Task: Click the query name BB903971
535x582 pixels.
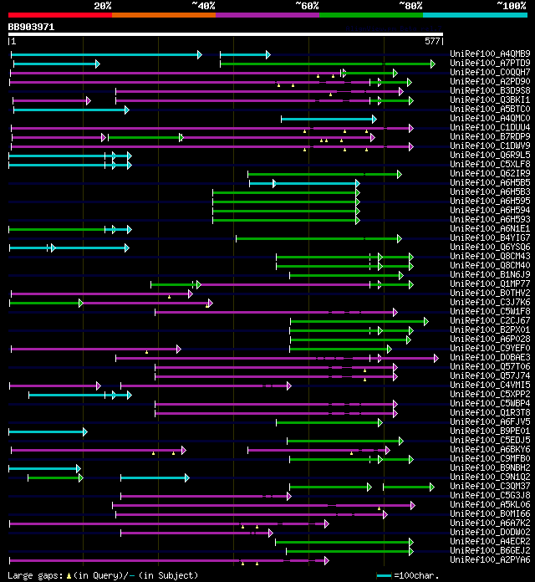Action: point(31,27)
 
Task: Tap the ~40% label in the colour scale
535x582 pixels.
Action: point(203,5)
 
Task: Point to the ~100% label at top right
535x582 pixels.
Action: point(512,5)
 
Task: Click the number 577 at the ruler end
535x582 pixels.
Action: point(432,41)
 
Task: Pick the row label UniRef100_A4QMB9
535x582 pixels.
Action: point(490,54)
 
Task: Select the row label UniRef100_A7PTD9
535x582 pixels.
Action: point(490,64)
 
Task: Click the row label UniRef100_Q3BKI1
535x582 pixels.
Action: point(490,100)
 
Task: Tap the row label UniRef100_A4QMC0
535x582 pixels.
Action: point(490,119)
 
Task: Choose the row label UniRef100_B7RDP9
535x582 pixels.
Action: point(490,137)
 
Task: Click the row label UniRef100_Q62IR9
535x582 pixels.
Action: point(490,174)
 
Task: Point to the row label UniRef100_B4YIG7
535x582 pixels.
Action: point(490,238)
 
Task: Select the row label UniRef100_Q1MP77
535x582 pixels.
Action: point(490,284)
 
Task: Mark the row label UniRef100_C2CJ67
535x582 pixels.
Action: point(490,321)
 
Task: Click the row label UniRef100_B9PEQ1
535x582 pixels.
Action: point(490,431)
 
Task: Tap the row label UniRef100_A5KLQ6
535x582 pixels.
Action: point(490,505)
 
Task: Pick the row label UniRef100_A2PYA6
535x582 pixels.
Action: point(490,560)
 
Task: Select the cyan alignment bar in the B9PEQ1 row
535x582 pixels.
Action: point(48,431)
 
